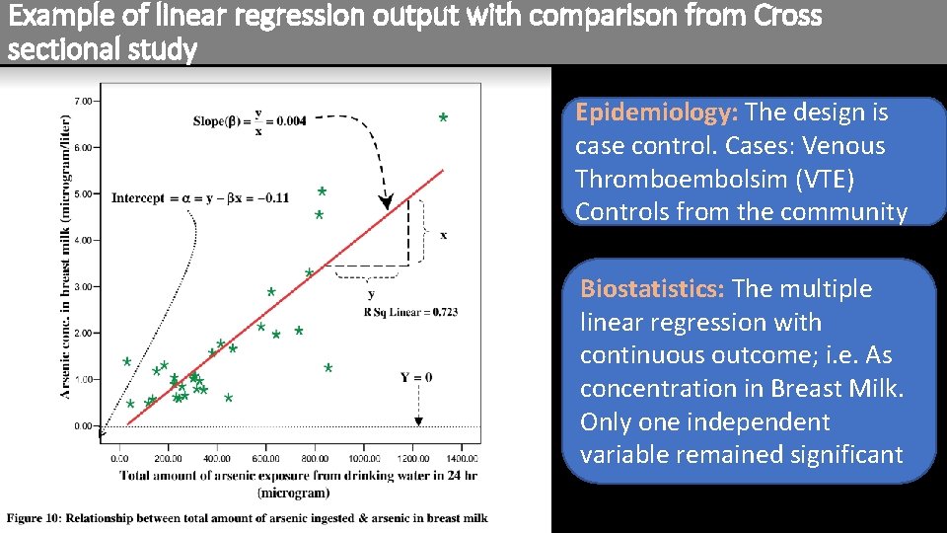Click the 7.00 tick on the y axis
pyautogui.click(x=85, y=101)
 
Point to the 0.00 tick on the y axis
pyautogui.click(x=85, y=426)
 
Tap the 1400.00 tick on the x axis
pyautogui.click(x=462, y=458)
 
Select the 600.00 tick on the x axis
pyautogui.click(x=266, y=458)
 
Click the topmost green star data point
pyautogui.click(x=443, y=119)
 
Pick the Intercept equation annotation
pyautogui.click(x=200, y=197)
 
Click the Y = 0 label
pyautogui.click(x=416, y=377)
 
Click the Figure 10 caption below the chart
pyautogui.click(x=248, y=518)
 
